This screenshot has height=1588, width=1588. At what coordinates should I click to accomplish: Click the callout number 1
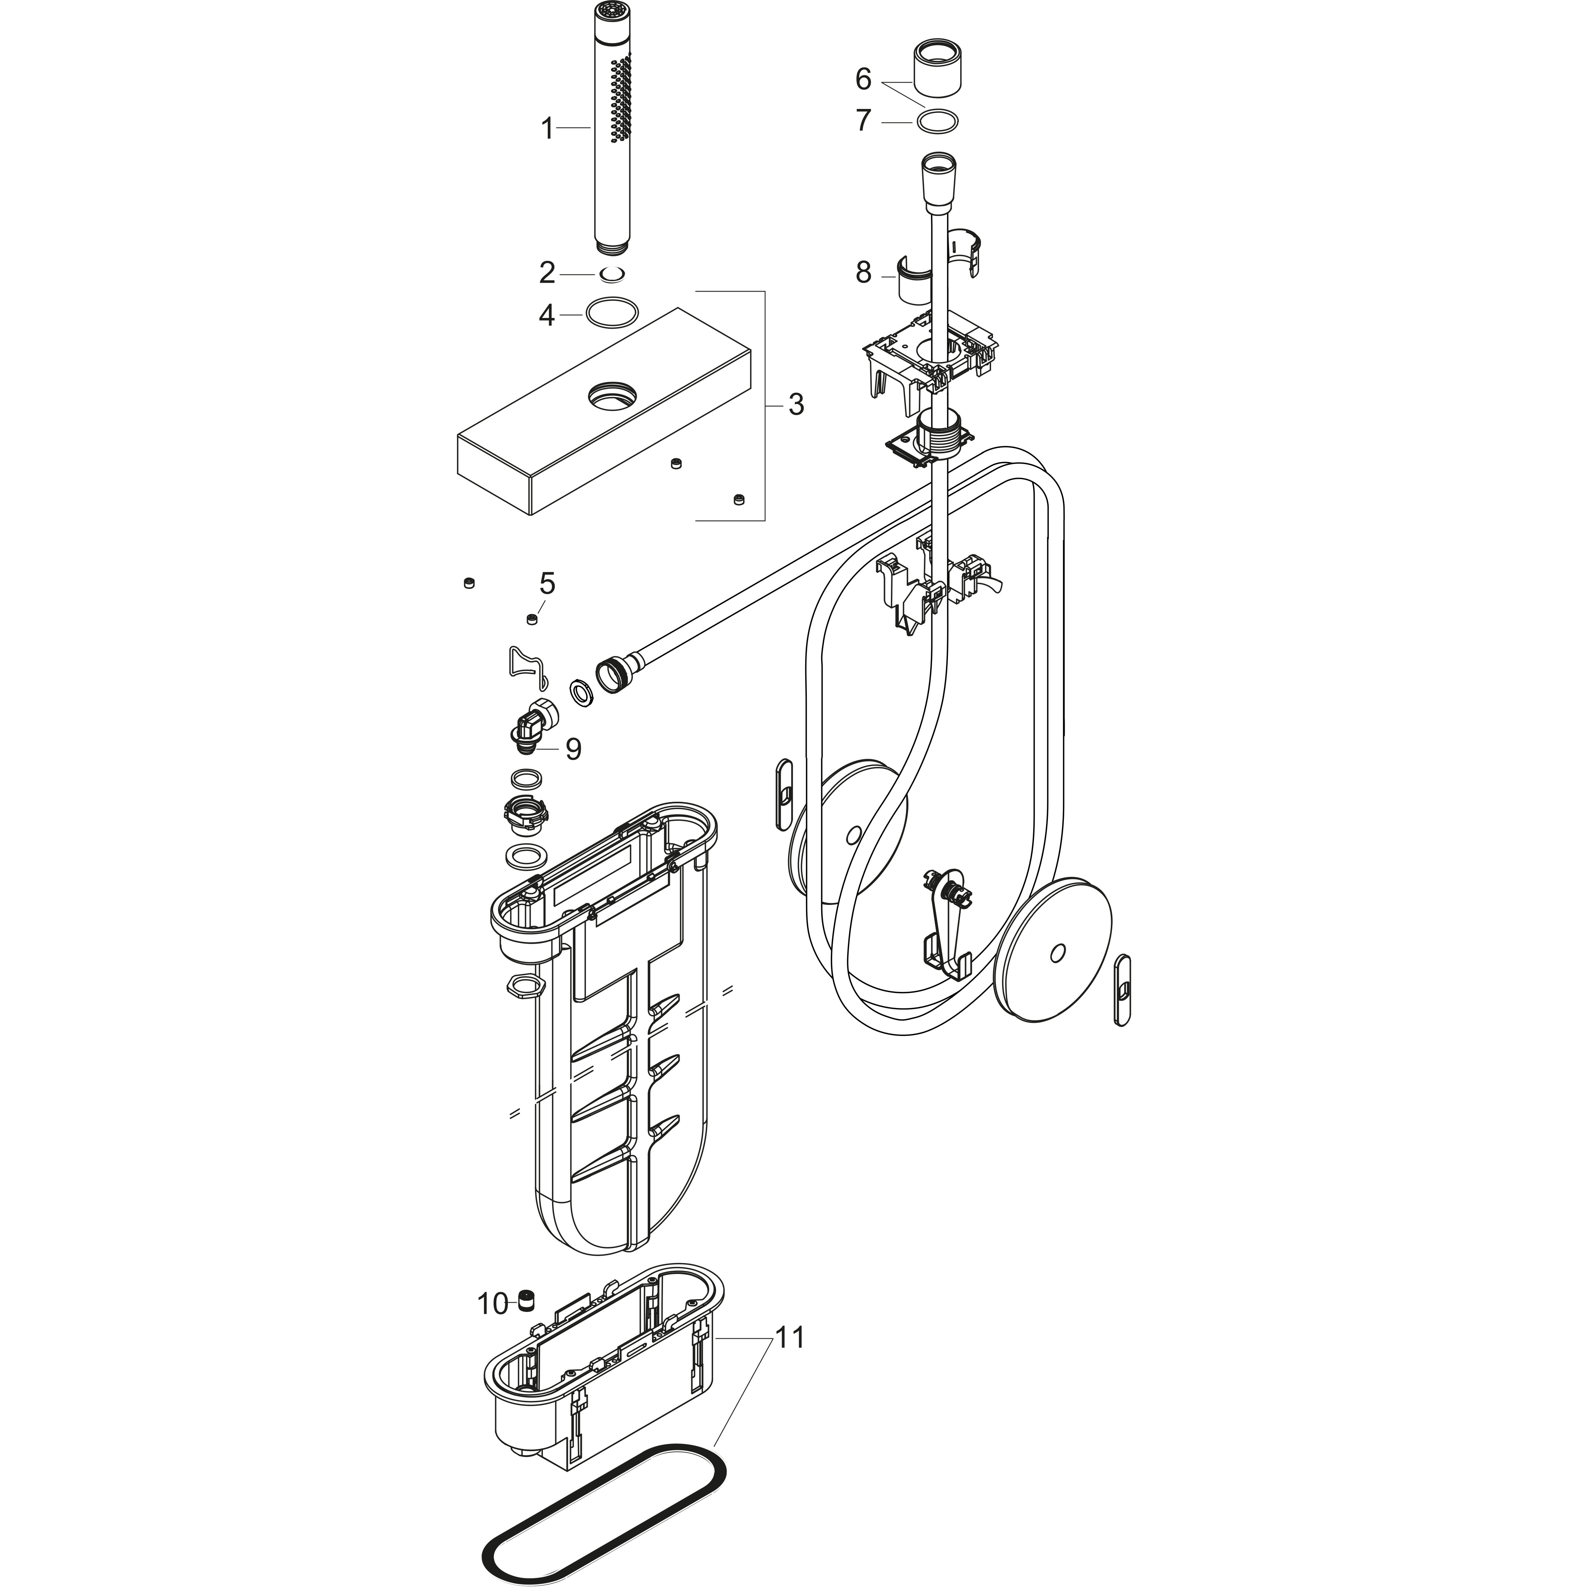(x=547, y=129)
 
